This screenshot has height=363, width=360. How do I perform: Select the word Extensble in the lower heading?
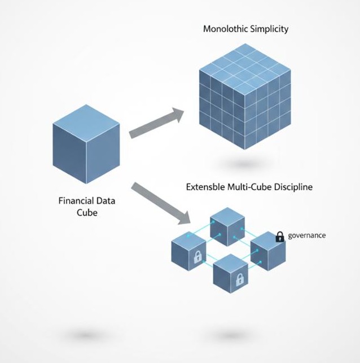click(x=205, y=186)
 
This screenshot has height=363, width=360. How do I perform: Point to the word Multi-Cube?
click(x=247, y=186)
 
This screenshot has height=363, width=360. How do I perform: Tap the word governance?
click(x=307, y=235)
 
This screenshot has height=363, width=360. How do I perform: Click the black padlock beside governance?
click(x=280, y=237)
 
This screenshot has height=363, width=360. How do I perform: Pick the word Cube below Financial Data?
click(x=87, y=213)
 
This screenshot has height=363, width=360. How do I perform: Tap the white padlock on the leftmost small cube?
click(x=198, y=258)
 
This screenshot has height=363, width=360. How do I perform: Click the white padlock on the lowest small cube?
click(x=239, y=278)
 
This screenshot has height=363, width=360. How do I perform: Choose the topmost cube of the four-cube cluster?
click(x=226, y=226)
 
